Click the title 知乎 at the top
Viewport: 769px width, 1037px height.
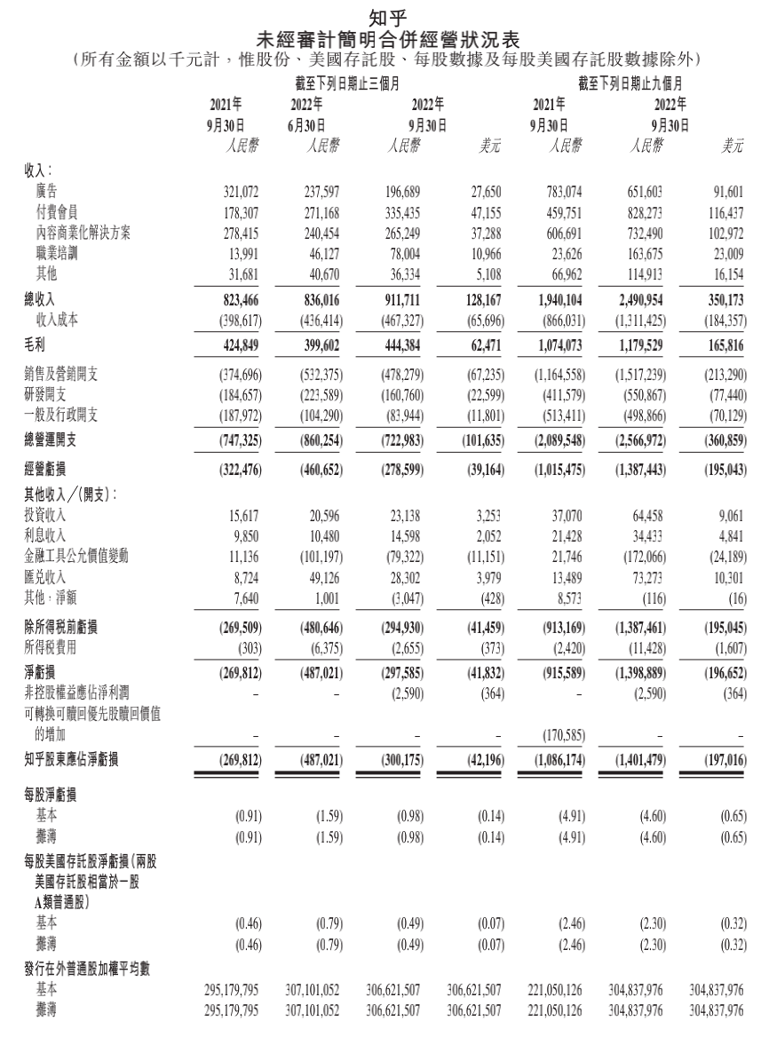coord(384,15)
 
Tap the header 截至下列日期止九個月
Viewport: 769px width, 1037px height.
coord(630,84)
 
